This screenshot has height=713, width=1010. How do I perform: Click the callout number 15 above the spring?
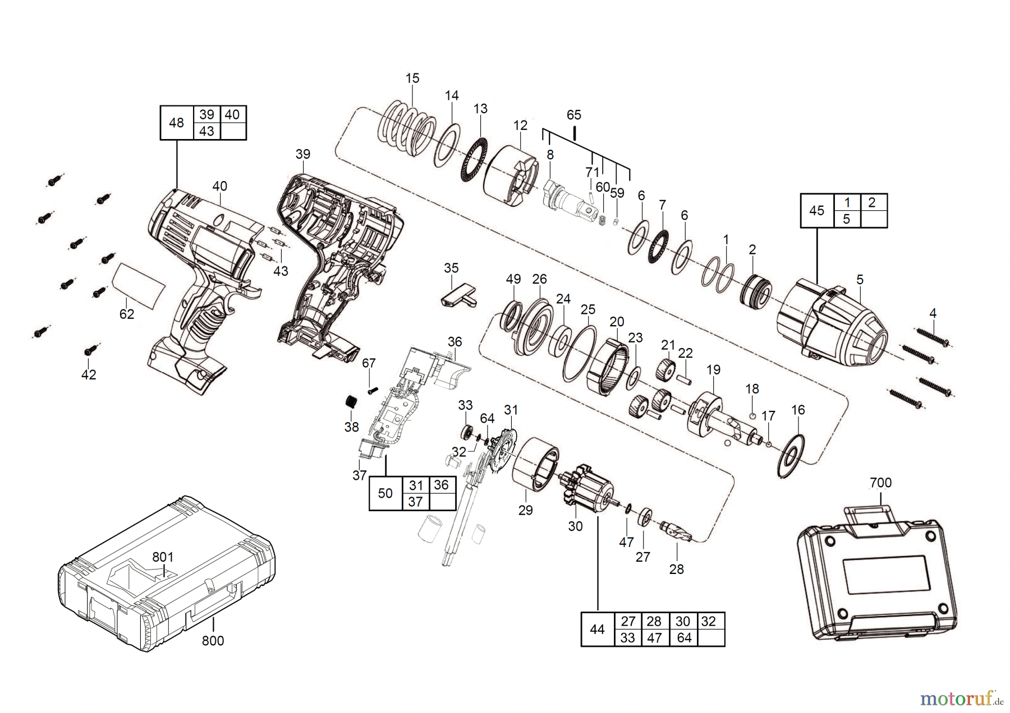(412, 78)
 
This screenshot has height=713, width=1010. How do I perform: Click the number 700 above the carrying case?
(880, 483)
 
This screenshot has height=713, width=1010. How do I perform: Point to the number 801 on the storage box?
(163, 557)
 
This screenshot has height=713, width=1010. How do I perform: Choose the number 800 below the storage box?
(213, 641)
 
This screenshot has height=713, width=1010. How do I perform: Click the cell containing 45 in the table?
(817, 211)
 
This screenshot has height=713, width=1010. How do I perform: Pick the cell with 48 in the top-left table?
(176, 123)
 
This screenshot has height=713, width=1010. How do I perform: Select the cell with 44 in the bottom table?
(597, 629)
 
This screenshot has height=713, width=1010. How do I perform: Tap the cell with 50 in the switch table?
(385, 493)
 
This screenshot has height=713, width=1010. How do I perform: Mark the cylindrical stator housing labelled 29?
(535, 465)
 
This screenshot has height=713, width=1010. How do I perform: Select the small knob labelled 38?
(351, 402)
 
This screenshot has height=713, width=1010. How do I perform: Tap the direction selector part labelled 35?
(458, 294)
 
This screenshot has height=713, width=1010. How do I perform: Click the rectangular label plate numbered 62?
(140, 285)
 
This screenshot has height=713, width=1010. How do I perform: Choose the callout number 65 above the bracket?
(573, 115)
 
